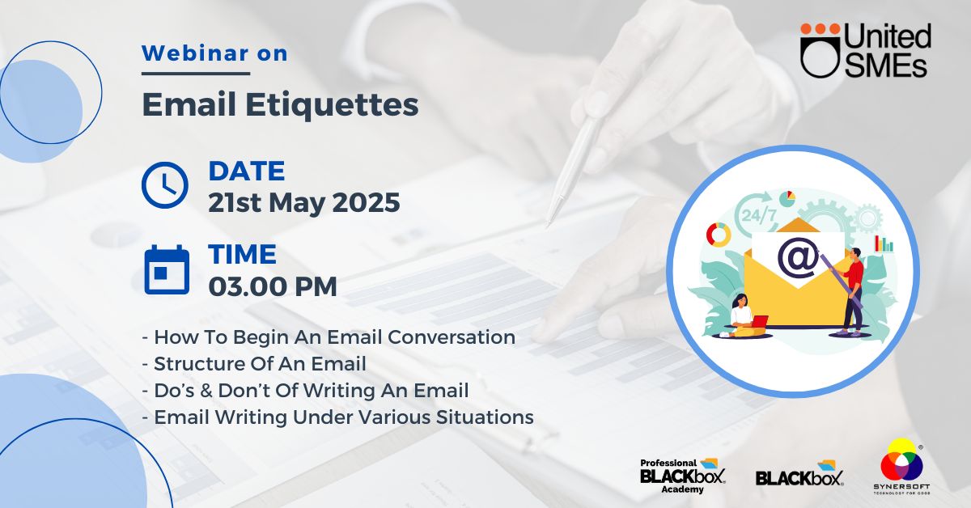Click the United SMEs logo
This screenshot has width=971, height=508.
(865, 51)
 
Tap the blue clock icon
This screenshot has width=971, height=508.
(165, 184)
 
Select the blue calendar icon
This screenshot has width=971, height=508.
(167, 269)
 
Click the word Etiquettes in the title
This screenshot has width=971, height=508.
(332, 104)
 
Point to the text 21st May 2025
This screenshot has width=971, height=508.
(304, 202)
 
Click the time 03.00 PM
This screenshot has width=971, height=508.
(273, 286)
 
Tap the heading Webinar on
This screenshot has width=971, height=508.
(214, 53)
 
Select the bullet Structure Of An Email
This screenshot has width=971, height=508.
(254, 364)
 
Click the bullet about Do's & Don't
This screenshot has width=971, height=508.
(306, 390)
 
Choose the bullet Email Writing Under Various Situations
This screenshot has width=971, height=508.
(338, 417)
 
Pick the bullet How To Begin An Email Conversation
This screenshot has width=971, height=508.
(329, 337)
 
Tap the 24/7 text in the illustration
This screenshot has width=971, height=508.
(759, 215)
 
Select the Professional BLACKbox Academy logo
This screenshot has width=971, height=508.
(683, 476)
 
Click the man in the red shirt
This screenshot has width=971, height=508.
(851, 292)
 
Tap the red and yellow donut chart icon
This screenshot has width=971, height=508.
(719, 235)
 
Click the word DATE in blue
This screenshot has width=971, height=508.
(247, 171)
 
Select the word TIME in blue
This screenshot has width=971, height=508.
(242, 254)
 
